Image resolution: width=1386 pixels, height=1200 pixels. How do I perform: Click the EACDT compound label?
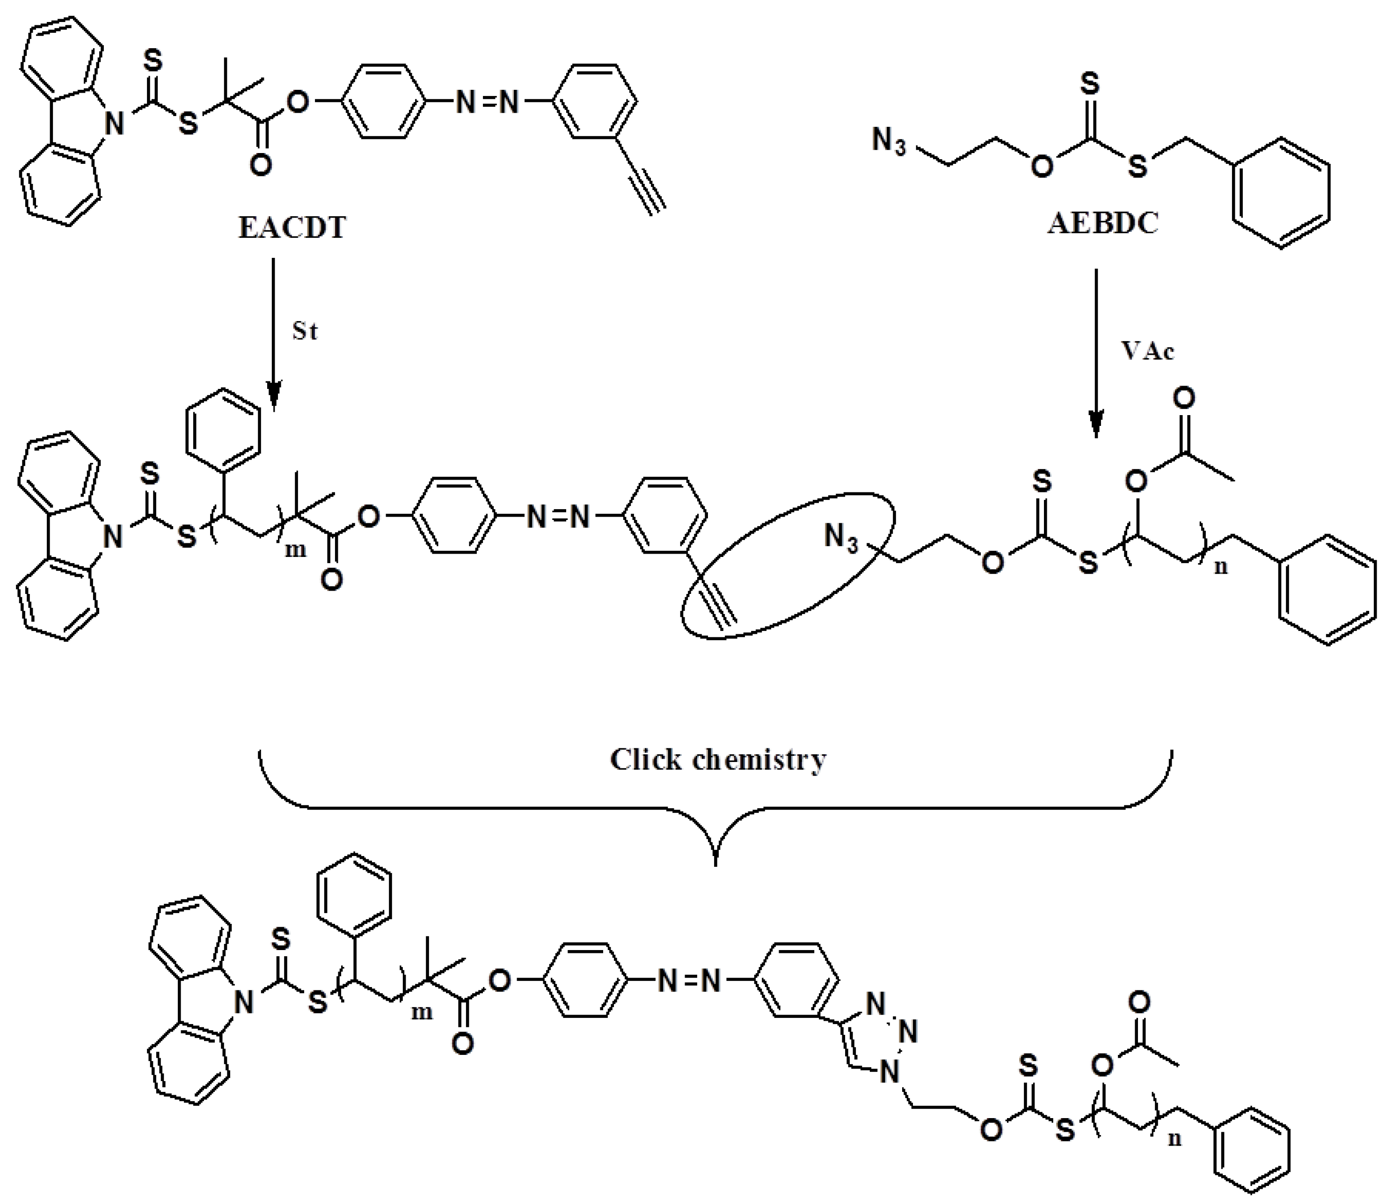tap(292, 227)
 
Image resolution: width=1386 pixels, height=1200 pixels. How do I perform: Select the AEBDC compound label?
tap(1103, 223)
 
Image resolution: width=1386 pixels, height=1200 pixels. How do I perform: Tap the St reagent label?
tap(305, 331)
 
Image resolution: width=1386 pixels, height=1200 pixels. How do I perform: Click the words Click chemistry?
tap(718, 760)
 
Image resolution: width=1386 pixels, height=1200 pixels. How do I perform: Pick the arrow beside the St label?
tap(273, 335)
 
